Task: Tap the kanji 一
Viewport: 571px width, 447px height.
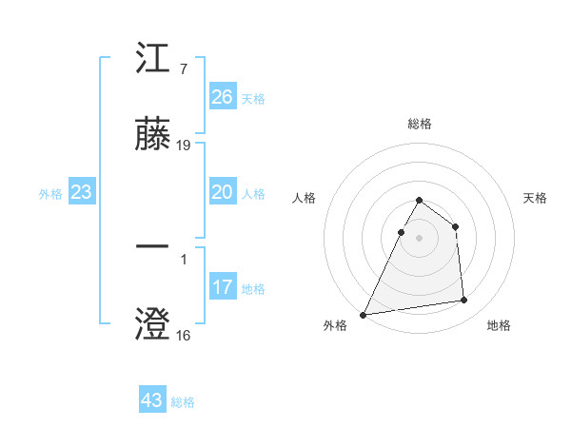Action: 152,248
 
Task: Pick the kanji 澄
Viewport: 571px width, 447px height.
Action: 152,324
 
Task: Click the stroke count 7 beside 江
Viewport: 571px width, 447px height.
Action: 183,69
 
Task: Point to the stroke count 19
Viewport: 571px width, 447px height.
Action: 184,146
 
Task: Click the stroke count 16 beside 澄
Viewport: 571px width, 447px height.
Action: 184,336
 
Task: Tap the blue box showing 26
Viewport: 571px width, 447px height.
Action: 223,97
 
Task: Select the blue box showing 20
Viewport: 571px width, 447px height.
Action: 223,192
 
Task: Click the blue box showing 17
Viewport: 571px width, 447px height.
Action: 223,287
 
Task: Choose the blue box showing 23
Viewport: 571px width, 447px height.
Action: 82,192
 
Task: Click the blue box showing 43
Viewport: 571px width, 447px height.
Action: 152,400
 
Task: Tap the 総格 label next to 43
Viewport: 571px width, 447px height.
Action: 183,402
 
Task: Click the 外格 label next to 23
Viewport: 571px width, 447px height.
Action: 50,194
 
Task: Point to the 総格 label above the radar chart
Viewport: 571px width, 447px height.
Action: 420,124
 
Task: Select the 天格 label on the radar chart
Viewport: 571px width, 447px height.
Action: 536,198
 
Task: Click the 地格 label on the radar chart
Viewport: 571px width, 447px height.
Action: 499,325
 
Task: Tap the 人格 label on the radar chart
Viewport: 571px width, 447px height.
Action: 304,198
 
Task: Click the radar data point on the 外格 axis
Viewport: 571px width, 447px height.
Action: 364,314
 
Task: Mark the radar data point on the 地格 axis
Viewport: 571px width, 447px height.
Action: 464,301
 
